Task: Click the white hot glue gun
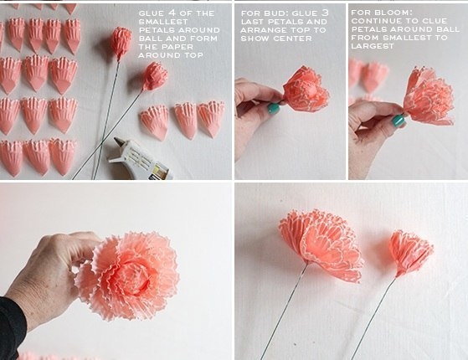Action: point(141,160)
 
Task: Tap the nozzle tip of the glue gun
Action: point(116,139)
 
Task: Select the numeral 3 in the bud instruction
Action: point(325,13)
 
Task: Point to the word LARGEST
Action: point(373,46)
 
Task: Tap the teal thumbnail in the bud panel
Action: point(273,108)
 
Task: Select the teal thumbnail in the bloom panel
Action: point(398,121)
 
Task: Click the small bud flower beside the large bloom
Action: point(411,253)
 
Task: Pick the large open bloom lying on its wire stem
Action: point(321,244)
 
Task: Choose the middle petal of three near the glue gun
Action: point(185,121)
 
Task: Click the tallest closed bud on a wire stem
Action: point(121,44)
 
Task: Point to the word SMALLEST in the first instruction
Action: point(163,22)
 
